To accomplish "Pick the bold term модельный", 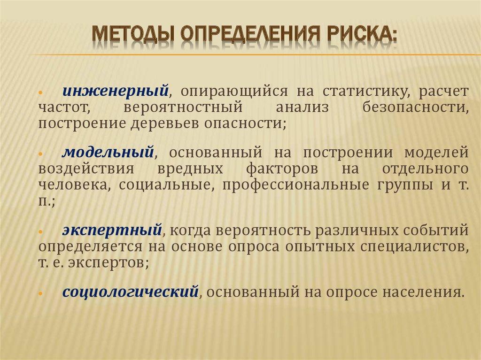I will click(x=109, y=153).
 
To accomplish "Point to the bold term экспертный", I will click(x=112, y=230).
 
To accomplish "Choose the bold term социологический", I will click(x=129, y=292).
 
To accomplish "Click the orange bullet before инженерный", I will click(x=41, y=91).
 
